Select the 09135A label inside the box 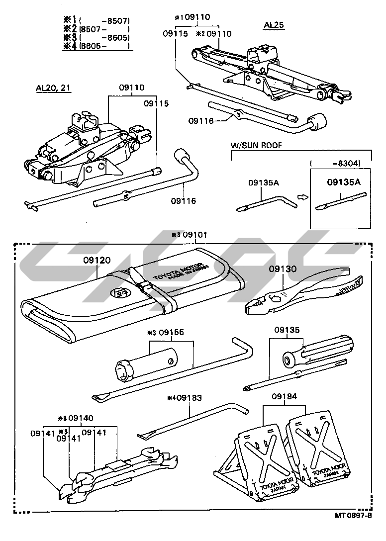[x=343, y=182]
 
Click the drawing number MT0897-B [x=353, y=516]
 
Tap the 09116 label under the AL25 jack [x=201, y=120]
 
